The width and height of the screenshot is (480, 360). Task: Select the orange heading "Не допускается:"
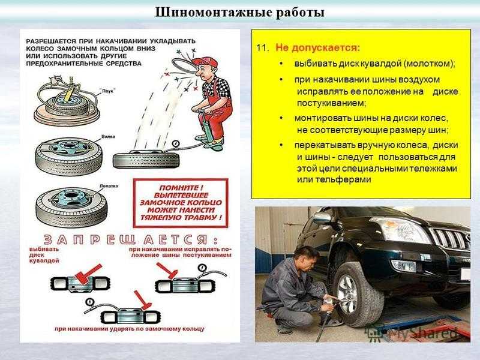(x=318, y=49)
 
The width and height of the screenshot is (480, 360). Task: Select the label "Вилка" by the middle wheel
(x=108, y=137)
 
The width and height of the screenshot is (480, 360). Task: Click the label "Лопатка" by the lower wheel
(x=109, y=186)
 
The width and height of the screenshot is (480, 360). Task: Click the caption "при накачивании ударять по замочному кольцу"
(x=130, y=329)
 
